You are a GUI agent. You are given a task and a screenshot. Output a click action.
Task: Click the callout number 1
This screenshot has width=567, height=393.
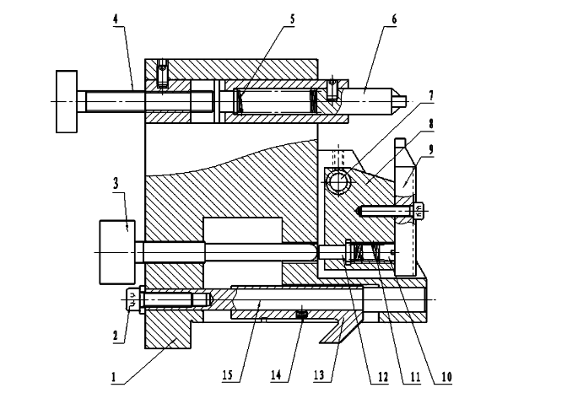(x=114, y=377)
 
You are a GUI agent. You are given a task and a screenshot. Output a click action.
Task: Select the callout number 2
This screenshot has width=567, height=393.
(x=116, y=335)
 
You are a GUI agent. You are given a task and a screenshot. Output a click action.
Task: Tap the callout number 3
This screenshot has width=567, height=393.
(x=116, y=183)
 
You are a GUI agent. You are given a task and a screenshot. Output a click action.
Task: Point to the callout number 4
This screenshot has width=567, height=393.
(x=116, y=19)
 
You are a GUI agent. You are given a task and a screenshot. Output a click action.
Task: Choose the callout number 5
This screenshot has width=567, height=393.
(x=292, y=19)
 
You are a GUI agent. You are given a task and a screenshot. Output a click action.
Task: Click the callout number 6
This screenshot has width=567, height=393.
(x=394, y=19)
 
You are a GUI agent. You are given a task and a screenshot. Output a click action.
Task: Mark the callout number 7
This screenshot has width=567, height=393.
(x=430, y=95)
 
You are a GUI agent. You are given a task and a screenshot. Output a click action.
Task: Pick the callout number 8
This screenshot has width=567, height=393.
(x=430, y=123)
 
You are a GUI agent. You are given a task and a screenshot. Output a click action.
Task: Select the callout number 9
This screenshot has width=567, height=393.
(x=430, y=149)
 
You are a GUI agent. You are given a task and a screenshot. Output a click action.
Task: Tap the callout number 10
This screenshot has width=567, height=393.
(x=446, y=377)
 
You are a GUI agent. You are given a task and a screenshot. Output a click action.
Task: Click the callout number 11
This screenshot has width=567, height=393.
(x=415, y=377)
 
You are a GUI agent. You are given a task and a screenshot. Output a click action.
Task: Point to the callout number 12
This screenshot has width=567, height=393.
(x=382, y=377)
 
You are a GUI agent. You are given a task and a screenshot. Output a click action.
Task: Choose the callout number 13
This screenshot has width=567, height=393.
(x=319, y=375)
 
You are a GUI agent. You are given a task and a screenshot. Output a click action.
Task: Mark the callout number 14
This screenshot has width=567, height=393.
(x=276, y=375)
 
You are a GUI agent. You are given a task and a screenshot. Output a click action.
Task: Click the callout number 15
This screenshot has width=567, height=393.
(x=228, y=375)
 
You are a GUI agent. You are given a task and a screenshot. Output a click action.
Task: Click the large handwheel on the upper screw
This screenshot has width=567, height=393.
(x=67, y=101)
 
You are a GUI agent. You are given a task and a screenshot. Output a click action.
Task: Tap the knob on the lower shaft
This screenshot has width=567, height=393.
(x=117, y=252)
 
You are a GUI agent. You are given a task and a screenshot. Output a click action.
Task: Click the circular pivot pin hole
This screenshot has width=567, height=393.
(x=338, y=180)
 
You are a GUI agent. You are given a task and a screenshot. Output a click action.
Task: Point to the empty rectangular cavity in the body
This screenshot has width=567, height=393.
(x=243, y=230)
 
